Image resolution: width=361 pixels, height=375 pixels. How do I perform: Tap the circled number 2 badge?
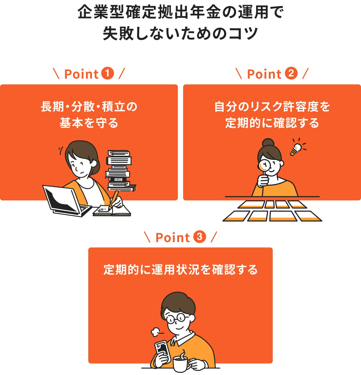tap(291, 74)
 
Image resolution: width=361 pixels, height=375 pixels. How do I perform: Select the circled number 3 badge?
tap(199, 237)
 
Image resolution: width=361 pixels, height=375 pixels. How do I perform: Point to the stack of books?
tap(119, 170)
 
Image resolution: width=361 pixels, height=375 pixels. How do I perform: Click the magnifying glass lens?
tap(264, 166)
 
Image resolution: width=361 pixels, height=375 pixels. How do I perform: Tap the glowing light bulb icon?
tap(296, 149)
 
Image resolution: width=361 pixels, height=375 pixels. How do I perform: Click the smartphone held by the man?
tap(162, 349)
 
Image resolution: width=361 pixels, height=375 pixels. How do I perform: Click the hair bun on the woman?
tap(268, 143)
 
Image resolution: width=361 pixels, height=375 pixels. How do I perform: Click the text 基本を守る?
tap(89, 123)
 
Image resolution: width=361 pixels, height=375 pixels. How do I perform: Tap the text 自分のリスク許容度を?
tap(272, 107)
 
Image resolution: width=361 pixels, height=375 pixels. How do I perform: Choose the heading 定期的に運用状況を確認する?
tap(180, 270)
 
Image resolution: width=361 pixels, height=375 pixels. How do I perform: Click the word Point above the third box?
tap(173, 237)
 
